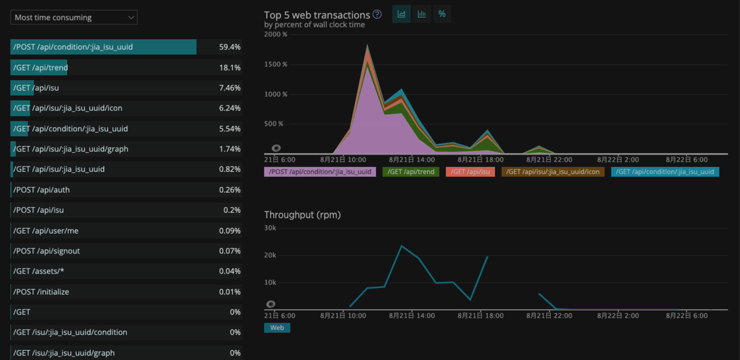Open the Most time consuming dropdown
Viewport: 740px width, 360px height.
(74, 17)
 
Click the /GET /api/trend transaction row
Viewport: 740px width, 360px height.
(41, 68)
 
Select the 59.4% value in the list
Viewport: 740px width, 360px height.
(229, 47)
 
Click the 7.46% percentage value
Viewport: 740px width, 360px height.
(229, 88)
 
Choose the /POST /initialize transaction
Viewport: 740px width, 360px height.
(41, 292)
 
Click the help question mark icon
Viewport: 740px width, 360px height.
(377, 14)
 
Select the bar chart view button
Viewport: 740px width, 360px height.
(422, 14)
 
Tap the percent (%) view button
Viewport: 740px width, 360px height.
(442, 14)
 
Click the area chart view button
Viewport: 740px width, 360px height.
(401, 14)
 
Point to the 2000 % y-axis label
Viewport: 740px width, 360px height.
(276, 35)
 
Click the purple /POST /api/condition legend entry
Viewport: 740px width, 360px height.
(320, 172)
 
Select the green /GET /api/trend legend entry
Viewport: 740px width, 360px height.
(411, 172)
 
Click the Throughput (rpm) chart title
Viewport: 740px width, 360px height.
(302, 215)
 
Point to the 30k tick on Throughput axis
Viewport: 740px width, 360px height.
(270, 227)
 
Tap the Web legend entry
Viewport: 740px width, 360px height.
(277, 328)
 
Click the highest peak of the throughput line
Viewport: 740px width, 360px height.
(401, 246)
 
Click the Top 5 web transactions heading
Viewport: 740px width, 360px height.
(317, 15)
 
